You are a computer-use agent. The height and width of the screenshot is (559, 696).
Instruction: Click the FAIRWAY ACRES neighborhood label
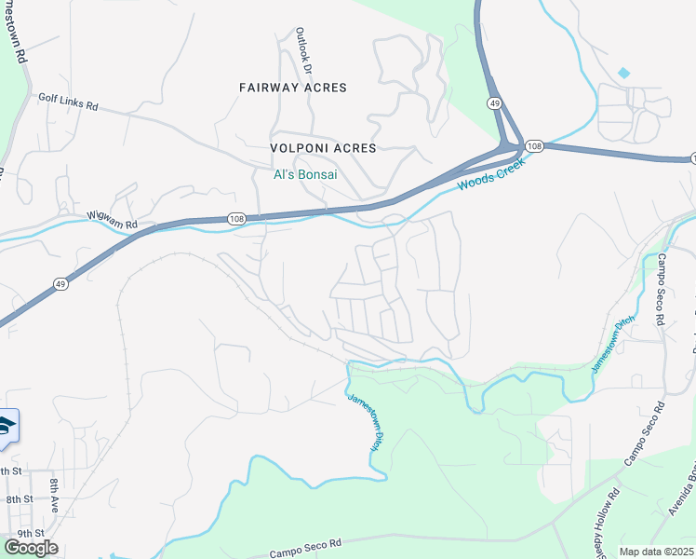(292, 88)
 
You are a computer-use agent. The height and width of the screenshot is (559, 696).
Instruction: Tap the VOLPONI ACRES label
(323, 148)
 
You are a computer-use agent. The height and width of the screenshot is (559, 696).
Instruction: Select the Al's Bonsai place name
(304, 174)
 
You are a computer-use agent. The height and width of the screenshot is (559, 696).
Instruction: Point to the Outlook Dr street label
(302, 50)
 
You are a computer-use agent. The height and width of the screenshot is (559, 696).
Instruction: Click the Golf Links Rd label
(68, 102)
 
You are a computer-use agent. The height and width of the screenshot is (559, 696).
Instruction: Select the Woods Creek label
(490, 174)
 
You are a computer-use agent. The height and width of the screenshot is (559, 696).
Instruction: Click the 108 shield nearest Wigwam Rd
(236, 218)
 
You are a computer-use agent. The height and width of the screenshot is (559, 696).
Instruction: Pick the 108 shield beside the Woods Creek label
(533, 146)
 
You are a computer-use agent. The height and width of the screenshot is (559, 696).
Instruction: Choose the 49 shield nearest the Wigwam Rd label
(60, 286)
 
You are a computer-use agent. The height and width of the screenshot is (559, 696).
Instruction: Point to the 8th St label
(19, 500)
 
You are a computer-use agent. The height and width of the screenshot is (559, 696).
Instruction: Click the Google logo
(31, 548)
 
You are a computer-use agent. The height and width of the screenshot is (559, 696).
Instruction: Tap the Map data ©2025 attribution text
(656, 552)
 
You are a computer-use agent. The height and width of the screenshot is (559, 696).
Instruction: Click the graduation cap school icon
(6, 426)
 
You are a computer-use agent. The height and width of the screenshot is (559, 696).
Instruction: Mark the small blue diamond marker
(623, 73)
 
